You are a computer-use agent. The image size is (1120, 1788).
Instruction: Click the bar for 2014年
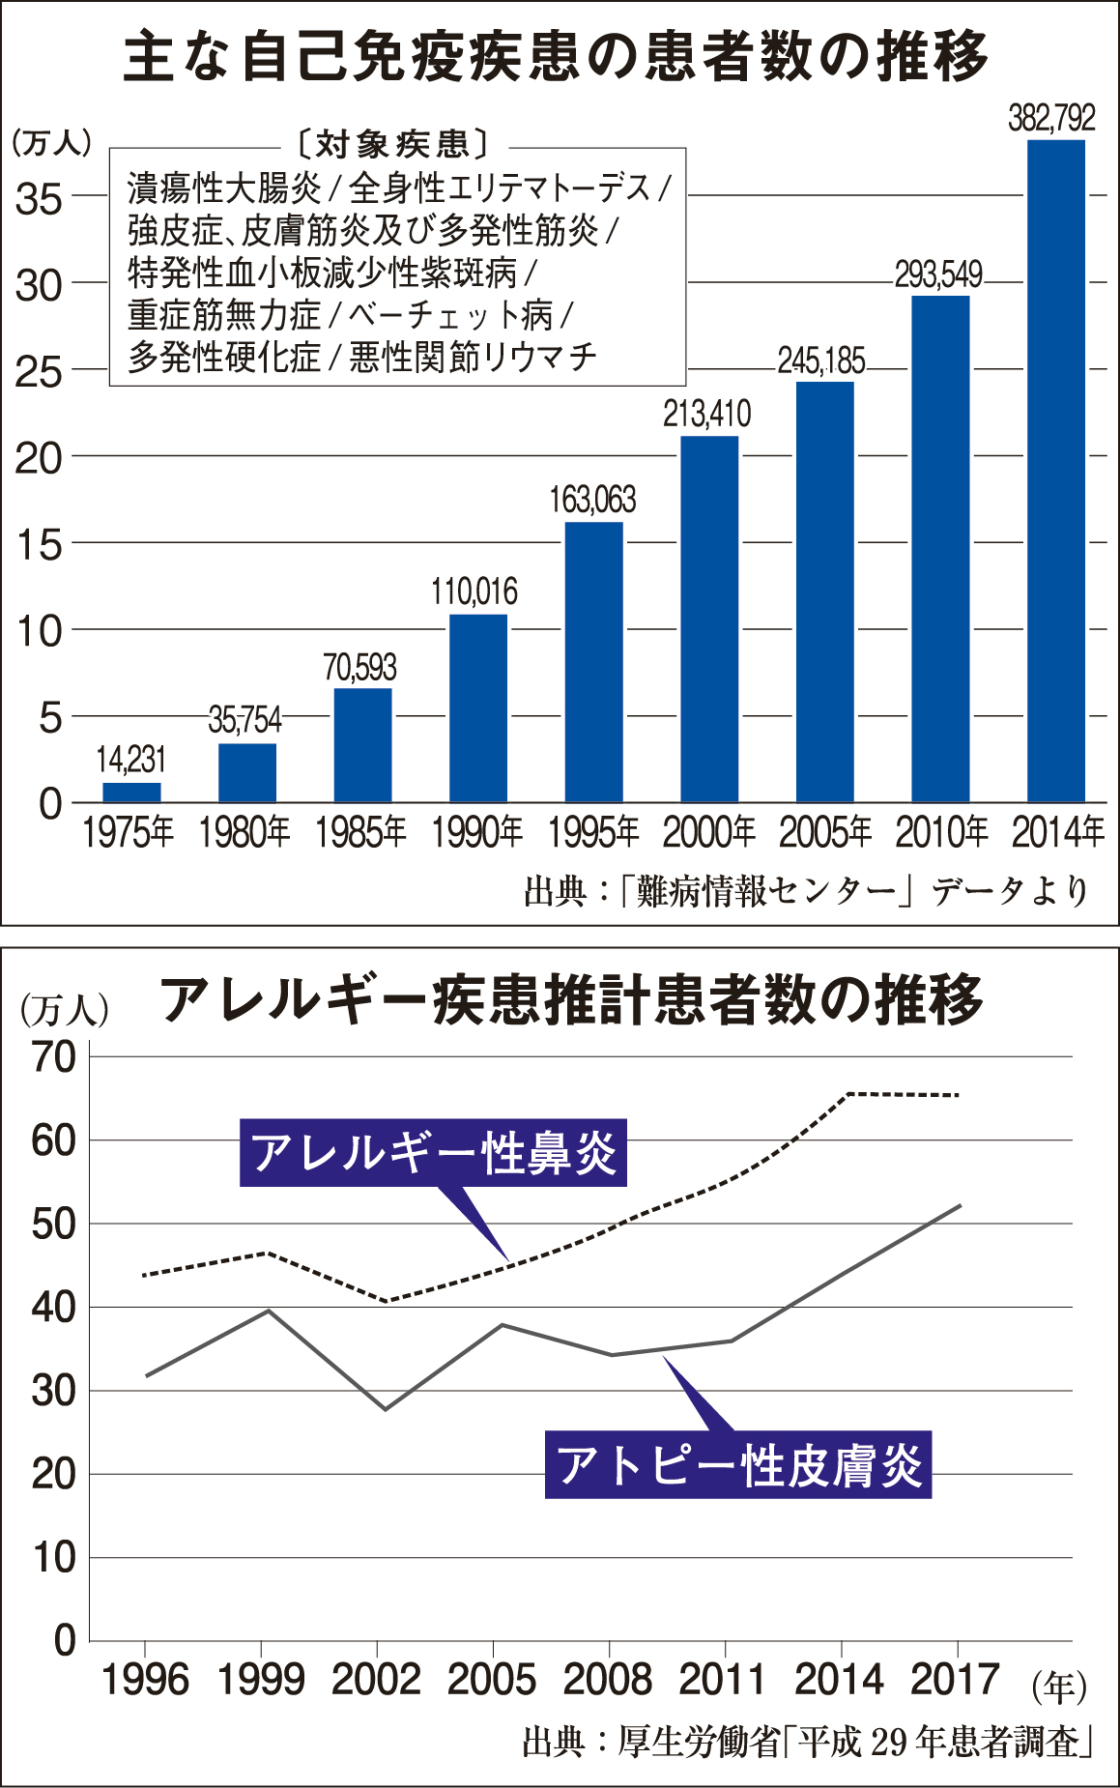(x=1055, y=471)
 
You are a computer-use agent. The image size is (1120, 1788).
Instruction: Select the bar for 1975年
(x=131, y=792)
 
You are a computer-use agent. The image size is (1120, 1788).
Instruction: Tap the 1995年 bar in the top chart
(x=593, y=662)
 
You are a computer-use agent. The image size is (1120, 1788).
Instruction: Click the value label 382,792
(x=1052, y=118)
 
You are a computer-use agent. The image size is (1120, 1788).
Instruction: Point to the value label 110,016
(x=474, y=591)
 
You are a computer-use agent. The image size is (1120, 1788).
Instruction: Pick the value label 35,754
(x=245, y=720)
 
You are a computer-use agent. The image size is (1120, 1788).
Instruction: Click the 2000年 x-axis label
(x=709, y=832)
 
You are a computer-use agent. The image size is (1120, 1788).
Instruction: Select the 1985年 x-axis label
(x=361, y=832)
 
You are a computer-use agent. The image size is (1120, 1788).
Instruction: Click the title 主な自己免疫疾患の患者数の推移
(x=557, y=56)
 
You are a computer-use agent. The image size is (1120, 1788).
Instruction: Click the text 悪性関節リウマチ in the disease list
(x=473, y=358)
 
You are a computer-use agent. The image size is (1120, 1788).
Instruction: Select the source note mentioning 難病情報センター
(x=807, y=891)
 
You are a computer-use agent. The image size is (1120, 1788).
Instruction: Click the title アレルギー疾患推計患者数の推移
(x=571, y=1000)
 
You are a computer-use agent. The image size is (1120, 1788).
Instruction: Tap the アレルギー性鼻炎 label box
(x=433, y=1152)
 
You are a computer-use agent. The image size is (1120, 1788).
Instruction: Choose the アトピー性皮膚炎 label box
(x=738, y=1465)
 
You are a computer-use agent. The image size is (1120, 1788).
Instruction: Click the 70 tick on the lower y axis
(x=54, y=1057)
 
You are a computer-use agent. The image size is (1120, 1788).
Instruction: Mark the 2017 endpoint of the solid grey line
(x=960, y=1205)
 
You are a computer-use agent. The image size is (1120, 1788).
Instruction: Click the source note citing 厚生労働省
(x=807, y=1742)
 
